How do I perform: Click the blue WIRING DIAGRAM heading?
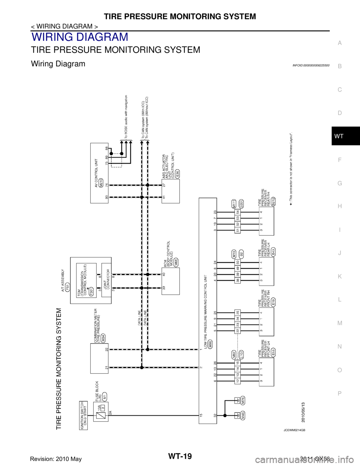[80, 38]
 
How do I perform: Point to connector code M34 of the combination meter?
[103, 337]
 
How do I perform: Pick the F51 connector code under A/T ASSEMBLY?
[67, 289]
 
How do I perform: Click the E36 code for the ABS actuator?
[177, 173]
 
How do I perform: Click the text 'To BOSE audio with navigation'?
[127, 117]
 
